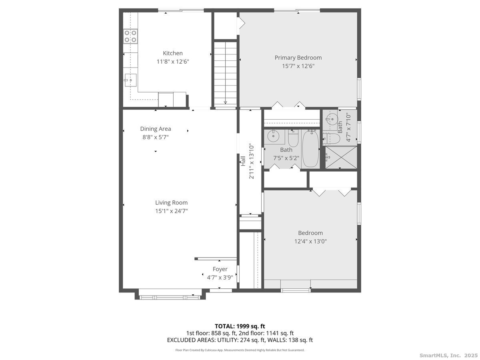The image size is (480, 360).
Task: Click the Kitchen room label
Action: point(172,53)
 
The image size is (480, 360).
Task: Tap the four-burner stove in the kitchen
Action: point(130,36)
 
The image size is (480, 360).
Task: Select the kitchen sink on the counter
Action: point(130,80)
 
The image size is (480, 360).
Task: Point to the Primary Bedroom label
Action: point(298,58)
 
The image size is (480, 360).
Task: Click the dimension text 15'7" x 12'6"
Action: point(298,66)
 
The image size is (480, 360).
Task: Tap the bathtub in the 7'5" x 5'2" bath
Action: point(310,148)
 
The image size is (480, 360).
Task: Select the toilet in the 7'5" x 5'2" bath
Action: point(294,138)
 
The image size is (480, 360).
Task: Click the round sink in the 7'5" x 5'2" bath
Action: point(274,136)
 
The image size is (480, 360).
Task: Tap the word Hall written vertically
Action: point(242,160)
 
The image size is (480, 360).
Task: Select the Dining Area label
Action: point(155,129)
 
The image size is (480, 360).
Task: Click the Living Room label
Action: point(171,203)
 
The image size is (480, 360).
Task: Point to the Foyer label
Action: point(220,269)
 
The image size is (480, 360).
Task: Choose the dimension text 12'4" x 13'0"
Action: point(310,241)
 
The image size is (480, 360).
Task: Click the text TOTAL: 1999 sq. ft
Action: point(240,326)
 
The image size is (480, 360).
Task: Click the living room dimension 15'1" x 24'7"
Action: point(171,211)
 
